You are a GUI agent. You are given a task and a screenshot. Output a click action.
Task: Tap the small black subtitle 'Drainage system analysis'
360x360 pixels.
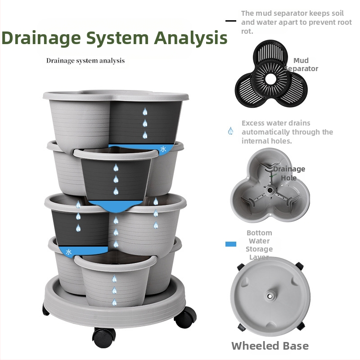(x=85, y=60)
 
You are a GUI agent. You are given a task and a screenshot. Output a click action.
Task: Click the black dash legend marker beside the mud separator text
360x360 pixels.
(x=230, y=21)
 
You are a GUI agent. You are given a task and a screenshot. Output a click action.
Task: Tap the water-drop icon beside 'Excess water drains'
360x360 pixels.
(x=230, y=131)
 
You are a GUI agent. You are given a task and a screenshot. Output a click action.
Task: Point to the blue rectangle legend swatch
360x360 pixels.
(x=230, y=244)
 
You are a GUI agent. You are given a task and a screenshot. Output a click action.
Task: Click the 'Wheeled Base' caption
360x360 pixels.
(x=270, y=346)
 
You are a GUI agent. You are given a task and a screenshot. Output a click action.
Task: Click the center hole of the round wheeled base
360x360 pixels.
(x=270, y=297)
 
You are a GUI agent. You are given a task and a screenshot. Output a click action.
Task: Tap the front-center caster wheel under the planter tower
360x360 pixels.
(x=104, y=335)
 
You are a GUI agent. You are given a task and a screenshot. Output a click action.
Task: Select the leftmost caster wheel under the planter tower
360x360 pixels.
(x=46, y=310)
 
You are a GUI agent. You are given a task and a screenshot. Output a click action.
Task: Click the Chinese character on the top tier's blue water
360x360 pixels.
(x=162, y=149)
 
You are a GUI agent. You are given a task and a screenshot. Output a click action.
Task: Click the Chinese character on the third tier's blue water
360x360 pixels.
(x=69, y=252)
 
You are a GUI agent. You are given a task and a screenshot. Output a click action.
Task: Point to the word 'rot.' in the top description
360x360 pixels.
(x=247, y=31)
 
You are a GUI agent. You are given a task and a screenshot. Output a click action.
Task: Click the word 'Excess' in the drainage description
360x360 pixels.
(x=253, y=123)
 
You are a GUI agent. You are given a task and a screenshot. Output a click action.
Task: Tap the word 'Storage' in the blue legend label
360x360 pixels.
(x=259, y=249)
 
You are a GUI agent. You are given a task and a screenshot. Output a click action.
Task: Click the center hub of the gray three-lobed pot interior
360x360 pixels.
(x=270, y=190)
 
